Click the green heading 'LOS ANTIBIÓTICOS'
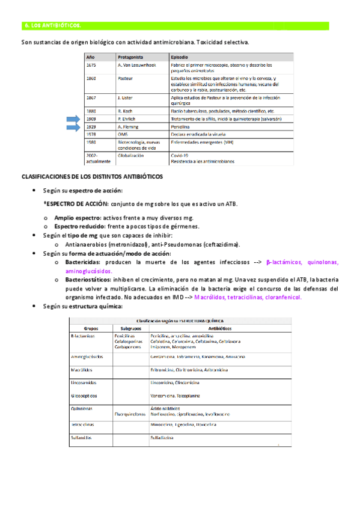(x=54, y=26)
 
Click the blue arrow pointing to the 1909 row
(x=76, y=119)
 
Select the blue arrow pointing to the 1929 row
(x=76, y=127)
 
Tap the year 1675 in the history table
(x=91, y=64)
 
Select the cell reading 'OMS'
(x=123, y=135)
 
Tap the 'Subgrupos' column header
(x=131, y=329)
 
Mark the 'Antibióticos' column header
(x=215, y=329)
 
